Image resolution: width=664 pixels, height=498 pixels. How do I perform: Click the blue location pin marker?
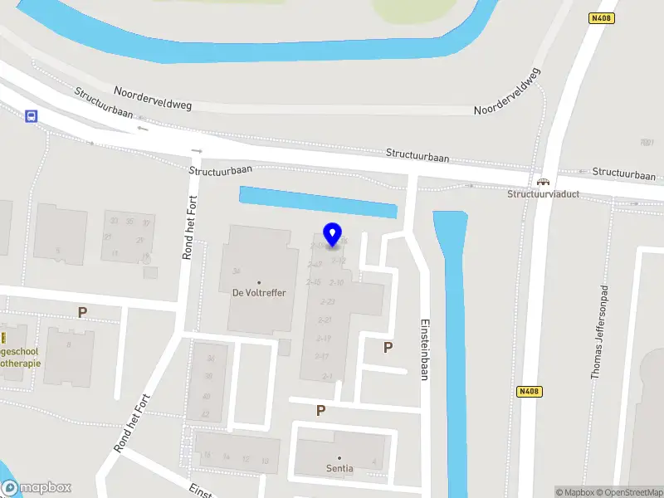click(x=333, y=235)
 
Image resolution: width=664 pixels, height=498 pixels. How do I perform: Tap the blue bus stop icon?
click(x=32, y=116)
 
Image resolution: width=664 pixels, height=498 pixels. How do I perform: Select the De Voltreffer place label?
click(x=259, y=292)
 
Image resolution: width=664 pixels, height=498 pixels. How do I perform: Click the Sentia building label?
click(x=339, y=468)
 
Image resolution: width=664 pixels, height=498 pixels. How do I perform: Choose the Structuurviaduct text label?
click(x=544, y=194)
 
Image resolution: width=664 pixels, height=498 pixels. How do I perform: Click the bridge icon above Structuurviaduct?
click(x=544, y=182)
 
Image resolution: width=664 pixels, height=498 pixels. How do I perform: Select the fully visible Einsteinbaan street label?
click(x=423, y=349)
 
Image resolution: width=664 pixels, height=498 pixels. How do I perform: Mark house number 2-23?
click(x=326, y=302)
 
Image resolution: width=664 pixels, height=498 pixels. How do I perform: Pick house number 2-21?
click(x=325, y=320)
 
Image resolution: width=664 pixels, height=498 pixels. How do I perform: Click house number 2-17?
click(x=322, y=357)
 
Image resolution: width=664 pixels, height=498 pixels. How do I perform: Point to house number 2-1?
click(x=328, y=377)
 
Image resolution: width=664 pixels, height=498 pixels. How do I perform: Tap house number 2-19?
click(x=323, y=339)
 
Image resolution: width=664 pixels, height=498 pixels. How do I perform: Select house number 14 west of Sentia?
click(x=226, y=456)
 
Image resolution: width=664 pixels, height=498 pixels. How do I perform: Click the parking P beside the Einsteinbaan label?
click(x=388, y=348)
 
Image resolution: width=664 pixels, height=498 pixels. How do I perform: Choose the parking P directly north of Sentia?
click(x=320, y=410)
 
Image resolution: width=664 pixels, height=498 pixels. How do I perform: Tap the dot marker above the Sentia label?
click(x=339, y=457)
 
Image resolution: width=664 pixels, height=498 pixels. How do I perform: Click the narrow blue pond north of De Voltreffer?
click(x=317, y=202)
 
